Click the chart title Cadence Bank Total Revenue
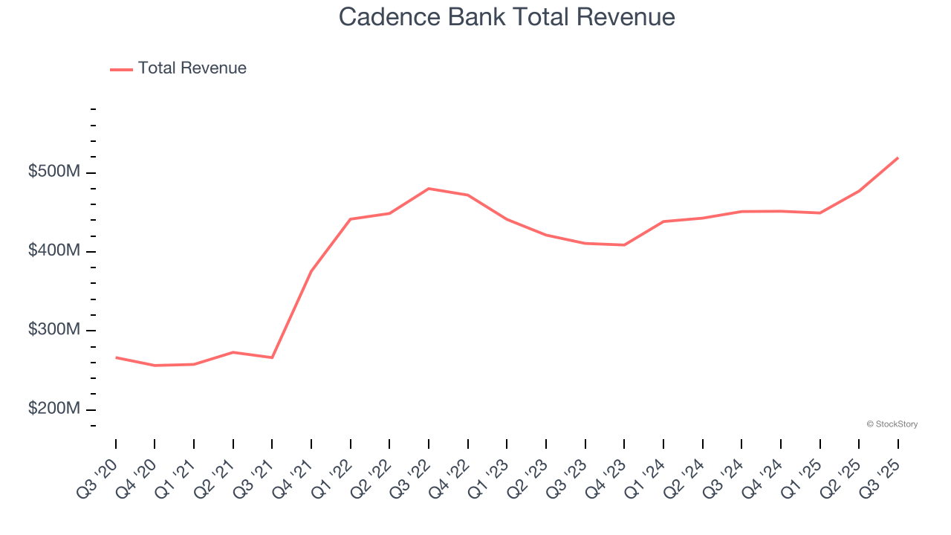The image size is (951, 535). (x=507, y=16)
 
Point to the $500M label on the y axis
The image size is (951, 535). (x=54, y=172)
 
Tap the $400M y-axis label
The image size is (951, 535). (x=54, y=251)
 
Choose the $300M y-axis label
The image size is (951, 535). (x=54, y=330)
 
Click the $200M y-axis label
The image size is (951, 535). (x=54, y=409)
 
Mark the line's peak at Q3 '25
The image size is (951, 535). (x=898, y=158)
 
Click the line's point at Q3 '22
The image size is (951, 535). (x=429, y=189)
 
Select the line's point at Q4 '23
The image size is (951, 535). (x=624, y=245)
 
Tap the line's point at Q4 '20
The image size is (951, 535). (x=155, y=366)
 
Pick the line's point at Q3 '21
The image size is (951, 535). (x=272, y=357)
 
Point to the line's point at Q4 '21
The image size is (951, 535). (x=311, y=271)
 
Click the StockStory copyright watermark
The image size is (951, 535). (x=892, y=424)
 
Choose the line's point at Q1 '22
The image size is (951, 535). (x=350, y=219)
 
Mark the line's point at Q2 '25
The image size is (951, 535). (x=859, y=191)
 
